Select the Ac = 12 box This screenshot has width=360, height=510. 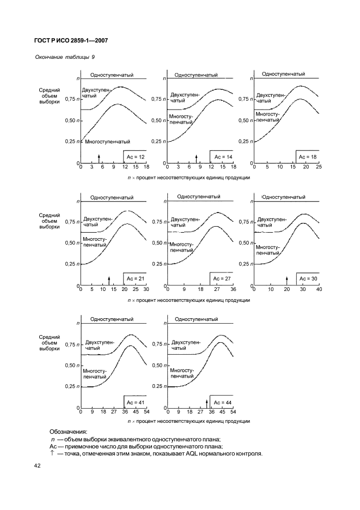pos(135,157)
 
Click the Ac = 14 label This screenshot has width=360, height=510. pos(222,157)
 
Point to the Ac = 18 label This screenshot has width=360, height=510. pos(308,157)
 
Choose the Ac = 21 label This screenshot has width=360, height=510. pos(135,278)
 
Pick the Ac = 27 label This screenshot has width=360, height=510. pos(222,278)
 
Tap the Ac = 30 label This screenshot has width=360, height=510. pos(308,278)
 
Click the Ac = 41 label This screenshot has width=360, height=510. pos(135,402)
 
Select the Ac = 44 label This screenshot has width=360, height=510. pos(222,402)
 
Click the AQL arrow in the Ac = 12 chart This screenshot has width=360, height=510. pos(99,158)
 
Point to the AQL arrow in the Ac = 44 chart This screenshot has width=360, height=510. pos(207,403)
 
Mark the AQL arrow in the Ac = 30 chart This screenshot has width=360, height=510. pos(286,280)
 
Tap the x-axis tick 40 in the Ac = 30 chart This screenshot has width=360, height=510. pos(319,289)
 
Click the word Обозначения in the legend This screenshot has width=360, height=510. pos(68,432)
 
